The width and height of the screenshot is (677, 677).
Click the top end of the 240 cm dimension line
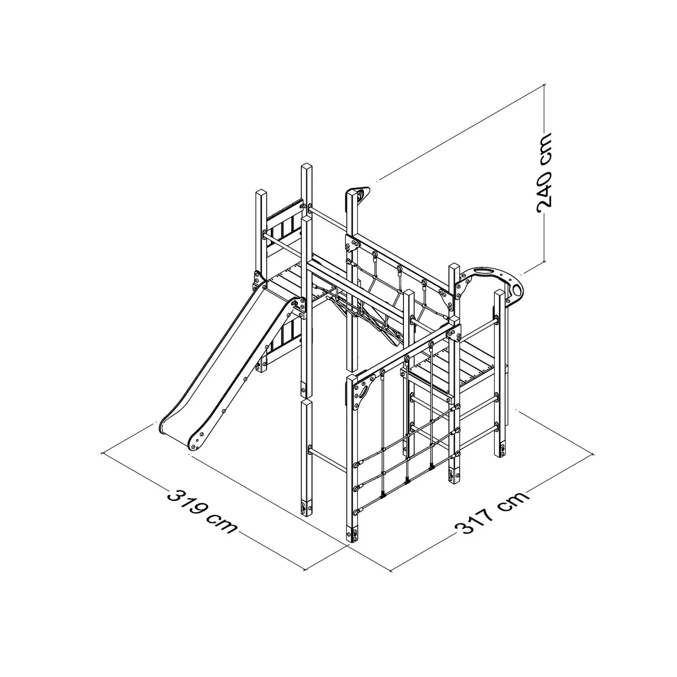544,84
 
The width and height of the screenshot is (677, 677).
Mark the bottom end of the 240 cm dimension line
544,262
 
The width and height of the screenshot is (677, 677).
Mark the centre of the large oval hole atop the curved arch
486,271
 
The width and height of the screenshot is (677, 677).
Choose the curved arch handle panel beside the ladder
492,287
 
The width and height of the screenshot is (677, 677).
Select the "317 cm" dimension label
492,513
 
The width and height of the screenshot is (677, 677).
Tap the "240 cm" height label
544,173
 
